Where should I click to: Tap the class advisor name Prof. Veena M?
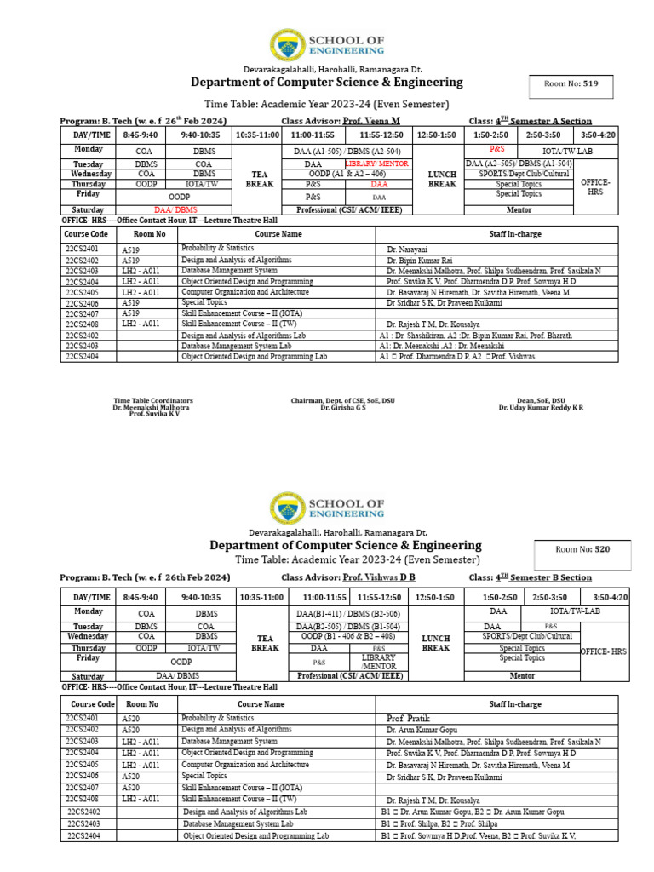(370, 121)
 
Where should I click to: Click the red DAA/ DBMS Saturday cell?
(175, 209)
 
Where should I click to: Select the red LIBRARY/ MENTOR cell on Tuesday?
(376, 163)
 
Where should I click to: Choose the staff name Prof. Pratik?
(408, 719)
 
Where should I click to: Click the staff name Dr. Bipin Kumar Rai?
(421, 260)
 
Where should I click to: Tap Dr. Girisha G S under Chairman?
(342, 408)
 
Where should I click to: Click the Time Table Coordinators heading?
(153, 400)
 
